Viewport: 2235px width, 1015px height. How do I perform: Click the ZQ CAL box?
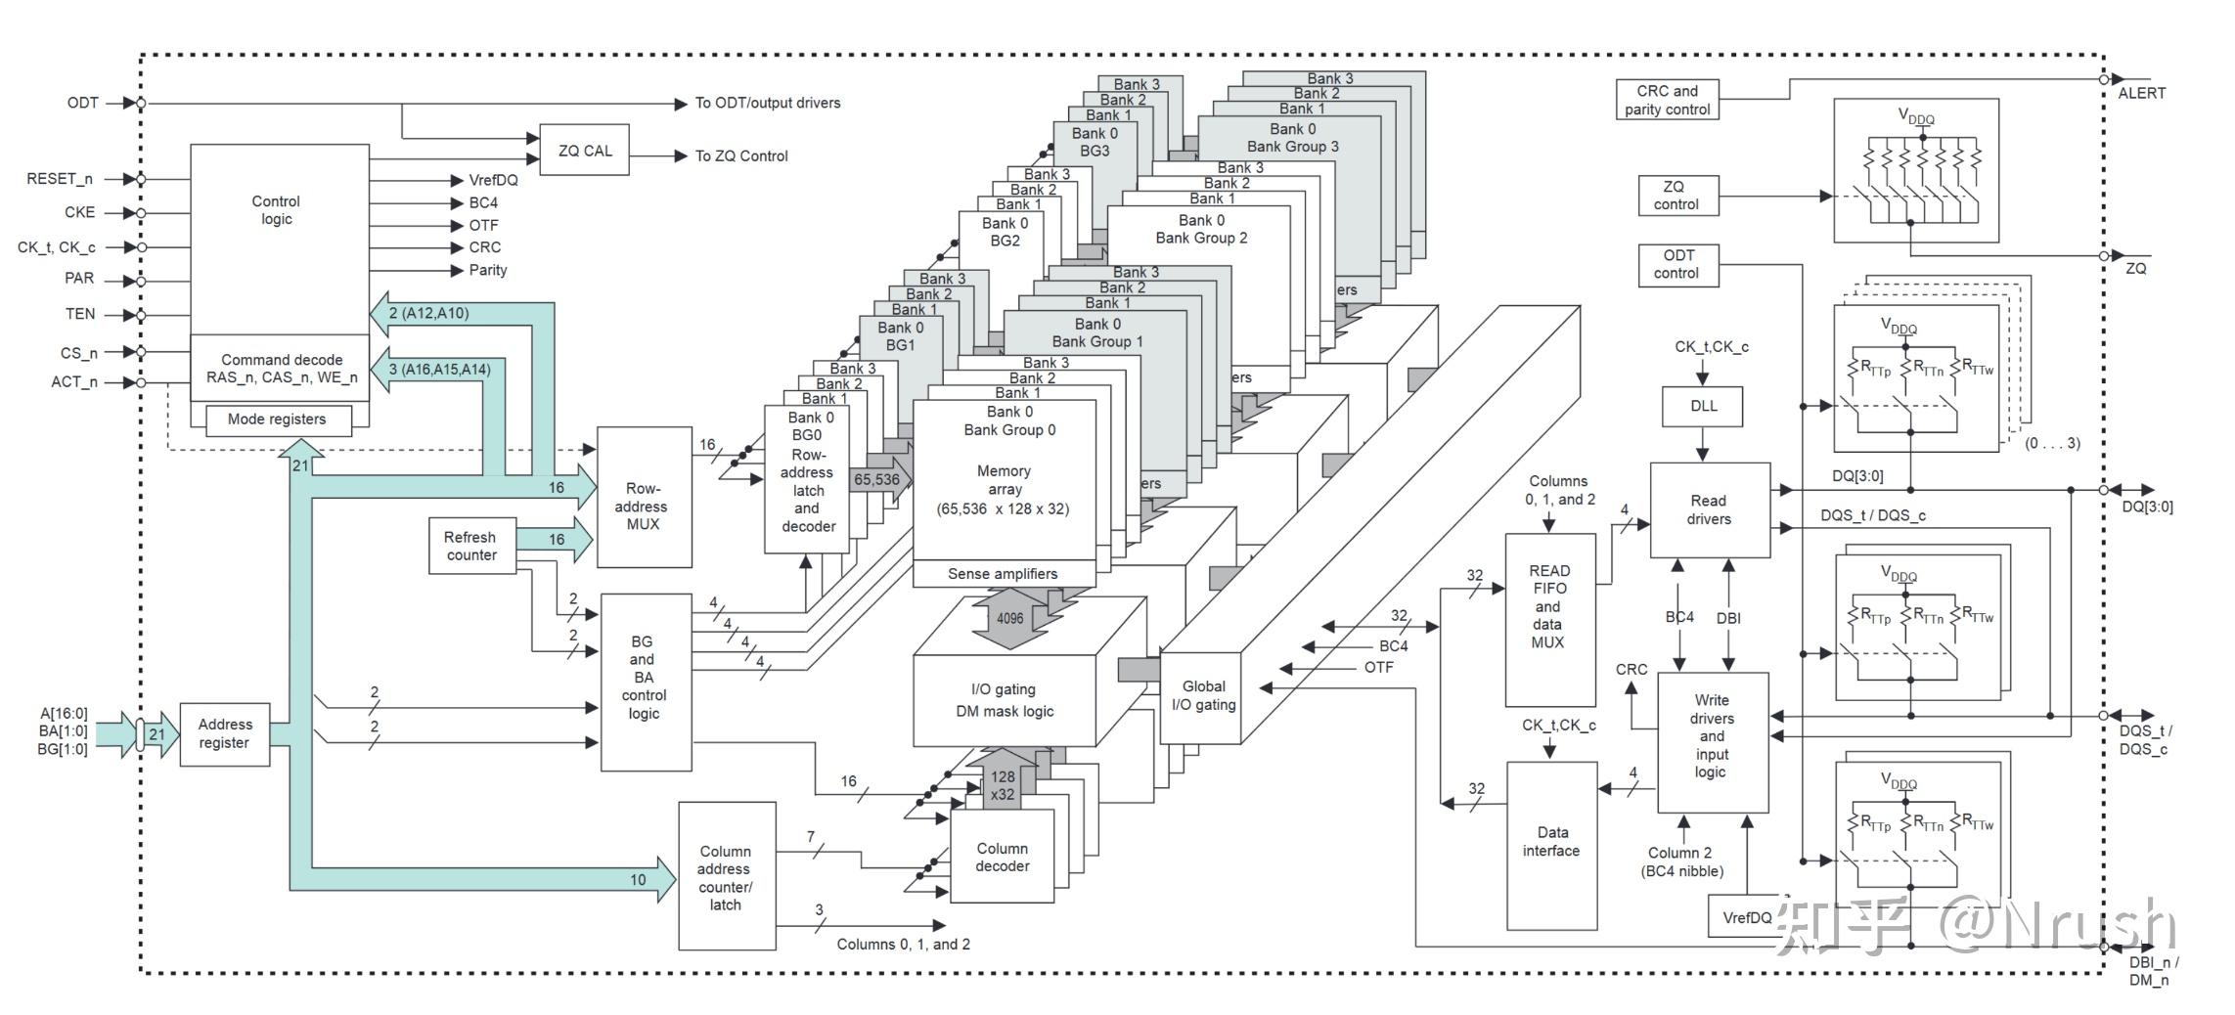coord(584,151)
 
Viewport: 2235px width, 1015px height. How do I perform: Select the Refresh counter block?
coord(471,546)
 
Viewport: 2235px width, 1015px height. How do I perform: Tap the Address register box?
coord(225,733)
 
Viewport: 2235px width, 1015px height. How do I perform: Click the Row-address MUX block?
coord(644,506)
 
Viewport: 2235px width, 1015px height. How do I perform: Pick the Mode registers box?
coord(277,419)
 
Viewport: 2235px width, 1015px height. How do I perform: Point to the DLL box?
coord(1703,406)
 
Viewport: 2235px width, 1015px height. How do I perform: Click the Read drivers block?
coord(1709,509)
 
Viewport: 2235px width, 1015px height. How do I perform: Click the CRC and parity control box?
coord(1667,100)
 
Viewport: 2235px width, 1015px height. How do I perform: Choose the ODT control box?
coord(1677,265)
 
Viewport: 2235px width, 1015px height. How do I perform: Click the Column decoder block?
coord(1002,857)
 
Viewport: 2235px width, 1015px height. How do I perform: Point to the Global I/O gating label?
coord(1203,695)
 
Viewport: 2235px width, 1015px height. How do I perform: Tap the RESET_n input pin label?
coord(60,179)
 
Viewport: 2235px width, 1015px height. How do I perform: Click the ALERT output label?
coord(2141,94)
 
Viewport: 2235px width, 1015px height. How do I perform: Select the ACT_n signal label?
coord(74,382)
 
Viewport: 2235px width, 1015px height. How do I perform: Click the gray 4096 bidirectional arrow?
coord(1009,618)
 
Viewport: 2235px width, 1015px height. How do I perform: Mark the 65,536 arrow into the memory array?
coord(878,479)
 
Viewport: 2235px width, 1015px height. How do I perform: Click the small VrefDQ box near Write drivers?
coord(1747,917)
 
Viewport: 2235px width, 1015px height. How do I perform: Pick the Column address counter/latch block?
coord(726,877)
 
